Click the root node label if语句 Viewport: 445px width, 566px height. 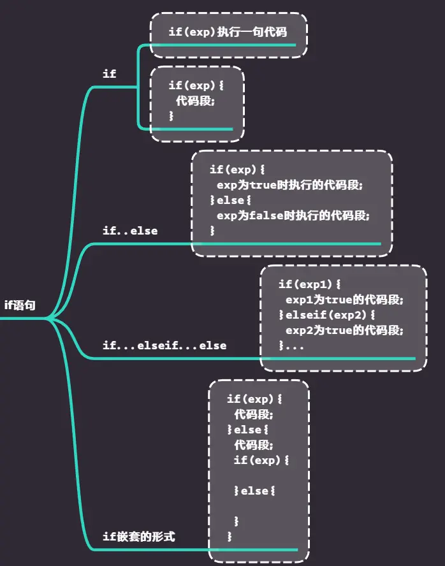[20, 305]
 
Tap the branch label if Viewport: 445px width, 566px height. [110, 74]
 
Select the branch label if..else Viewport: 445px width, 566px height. [130, 231]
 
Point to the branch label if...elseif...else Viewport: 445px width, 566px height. [164, 345]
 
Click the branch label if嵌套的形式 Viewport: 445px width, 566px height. [139, 537]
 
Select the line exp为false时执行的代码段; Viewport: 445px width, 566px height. [293, 215]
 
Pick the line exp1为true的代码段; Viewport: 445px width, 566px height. [345, 299]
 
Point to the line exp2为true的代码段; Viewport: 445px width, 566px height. [345, 330]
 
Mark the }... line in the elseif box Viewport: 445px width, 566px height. [291, 346]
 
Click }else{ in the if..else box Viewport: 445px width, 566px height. [227, 200]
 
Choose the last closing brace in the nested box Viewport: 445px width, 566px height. [230, 537]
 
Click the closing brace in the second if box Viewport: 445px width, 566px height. [171, 116]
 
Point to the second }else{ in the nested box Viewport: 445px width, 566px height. [255, 491]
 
